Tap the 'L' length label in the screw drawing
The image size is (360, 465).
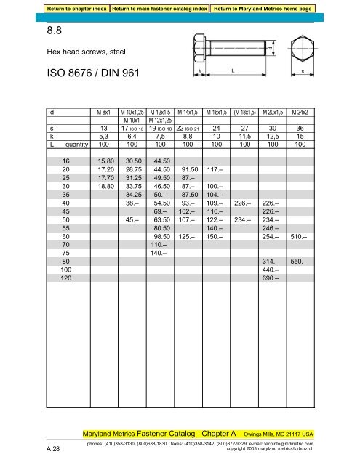[x=231, y=70]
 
